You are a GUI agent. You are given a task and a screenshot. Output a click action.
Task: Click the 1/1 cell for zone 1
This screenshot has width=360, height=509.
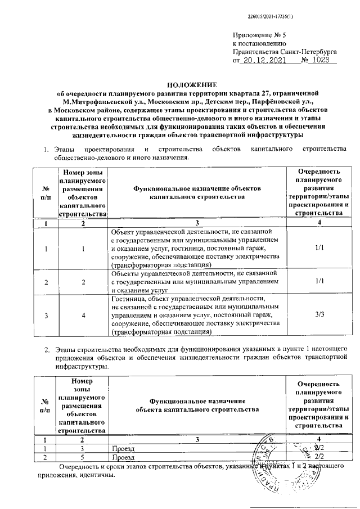319,247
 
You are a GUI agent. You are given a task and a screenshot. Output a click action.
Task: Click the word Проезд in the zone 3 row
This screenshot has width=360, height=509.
122,448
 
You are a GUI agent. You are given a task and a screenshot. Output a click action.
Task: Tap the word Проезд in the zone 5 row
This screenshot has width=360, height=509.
122,457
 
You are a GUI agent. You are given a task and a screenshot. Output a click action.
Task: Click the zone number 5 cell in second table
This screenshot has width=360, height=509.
83,457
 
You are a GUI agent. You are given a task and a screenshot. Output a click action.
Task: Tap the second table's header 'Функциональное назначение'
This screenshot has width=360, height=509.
197,400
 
